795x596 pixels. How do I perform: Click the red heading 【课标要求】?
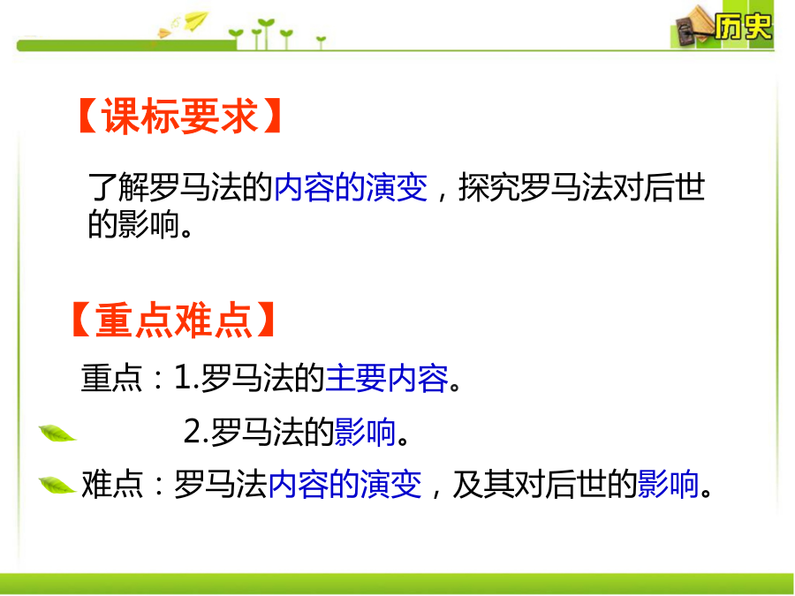click(x=180, y=116)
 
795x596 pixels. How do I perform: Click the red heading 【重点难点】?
click(x=173, y=320)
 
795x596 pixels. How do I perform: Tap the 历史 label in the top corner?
click(x=743, y=26)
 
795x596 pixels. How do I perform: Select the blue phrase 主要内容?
click(x=386, y=379)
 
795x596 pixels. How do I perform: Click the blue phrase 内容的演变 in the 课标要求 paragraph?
click(x=351, y=187)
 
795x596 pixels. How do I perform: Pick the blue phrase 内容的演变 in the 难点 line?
click(x=344, y=484)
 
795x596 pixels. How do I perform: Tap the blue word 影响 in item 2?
click(x=365, y=432)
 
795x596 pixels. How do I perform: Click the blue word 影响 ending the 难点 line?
click(x=669, y=484)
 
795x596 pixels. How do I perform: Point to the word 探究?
click(x=488, y=187)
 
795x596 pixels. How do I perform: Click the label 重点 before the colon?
click(x=111, y=379)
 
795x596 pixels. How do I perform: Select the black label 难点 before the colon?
click(x=111, y=484)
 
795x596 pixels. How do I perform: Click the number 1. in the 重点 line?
click(x=186, y=379)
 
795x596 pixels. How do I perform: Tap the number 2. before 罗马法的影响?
click(x=196, y=432)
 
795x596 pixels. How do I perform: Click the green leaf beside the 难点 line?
click(x=57, y=485)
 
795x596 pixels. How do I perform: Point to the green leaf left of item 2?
click(x=57, y=434)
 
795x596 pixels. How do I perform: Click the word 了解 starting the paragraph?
click(x=118, y=187)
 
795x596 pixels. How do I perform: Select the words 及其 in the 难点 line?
click(x=482, y=484)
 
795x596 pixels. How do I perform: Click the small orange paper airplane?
click(x=165, y=34)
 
